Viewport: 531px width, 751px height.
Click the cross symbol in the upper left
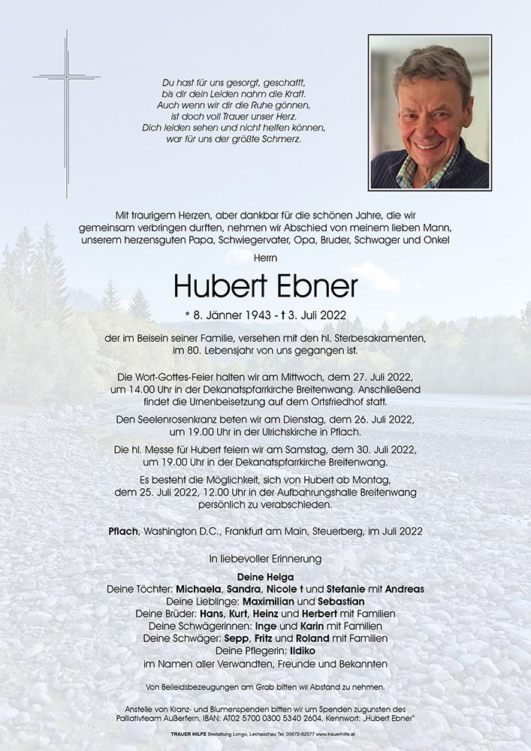point(66,83)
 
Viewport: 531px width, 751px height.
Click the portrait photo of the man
point(430,113)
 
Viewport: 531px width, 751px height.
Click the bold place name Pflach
point(122,531)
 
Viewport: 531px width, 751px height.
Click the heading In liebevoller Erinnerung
point(265,559)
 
